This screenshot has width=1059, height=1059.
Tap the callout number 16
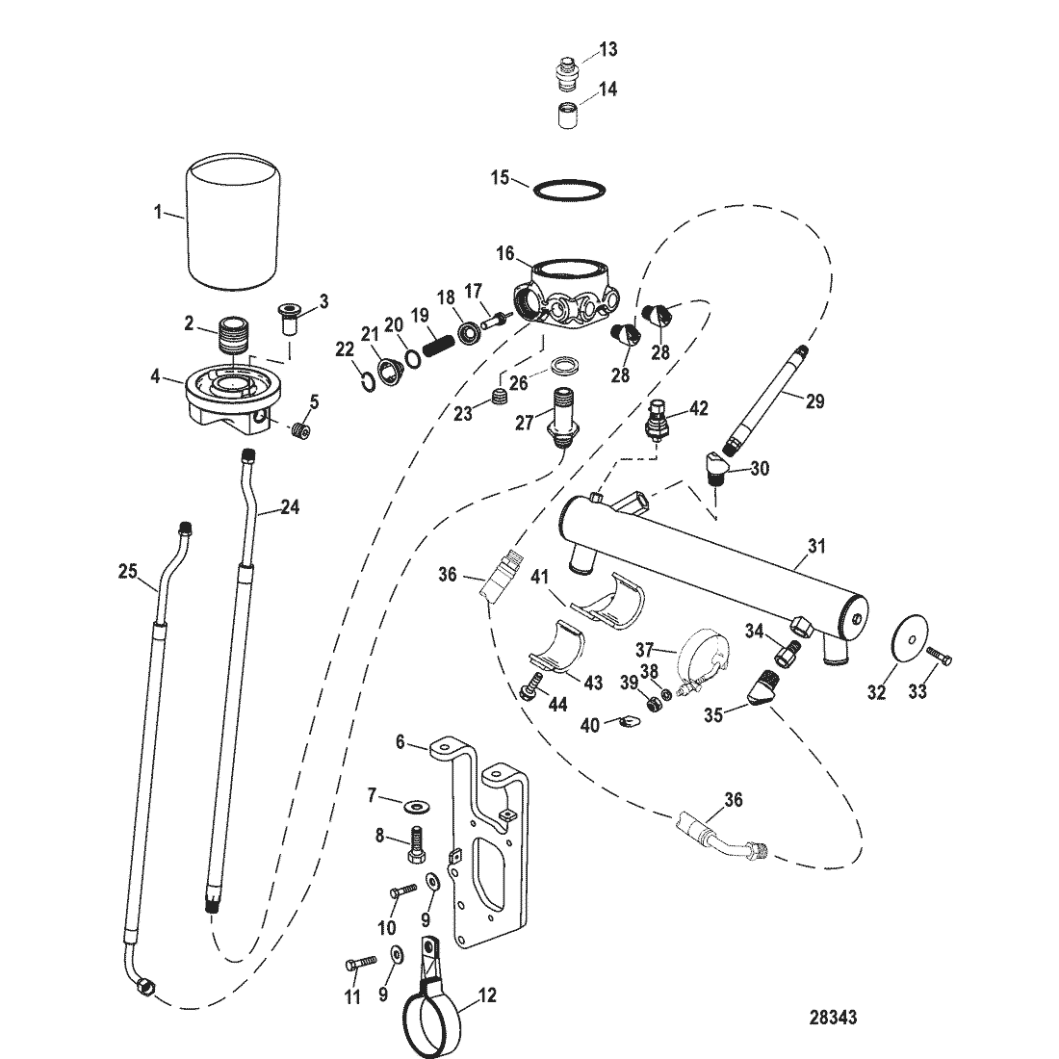[x=505, y=253]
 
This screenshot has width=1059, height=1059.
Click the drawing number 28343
[x=834, y=1018]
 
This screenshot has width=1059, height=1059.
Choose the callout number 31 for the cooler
[x=817, y=545]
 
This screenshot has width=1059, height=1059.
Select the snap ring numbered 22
[x=367, y=381]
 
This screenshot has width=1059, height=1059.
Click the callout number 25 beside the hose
[x=128, y=571]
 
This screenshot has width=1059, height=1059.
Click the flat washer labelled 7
[x=411, y=806]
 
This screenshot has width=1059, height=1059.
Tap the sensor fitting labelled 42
[x=656, y=420]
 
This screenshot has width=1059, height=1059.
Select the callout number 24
[x=290, y=506]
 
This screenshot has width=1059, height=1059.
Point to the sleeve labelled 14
[x=567, y=115]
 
